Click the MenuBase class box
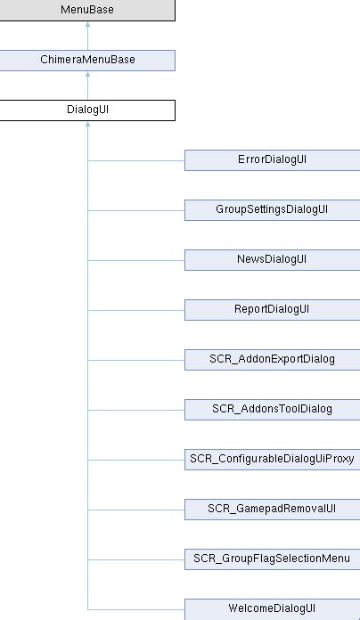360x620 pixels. pos(87,11)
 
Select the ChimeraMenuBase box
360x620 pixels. pos(87,61)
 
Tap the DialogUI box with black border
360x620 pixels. pos(87,110)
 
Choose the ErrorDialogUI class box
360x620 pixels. pos(272,160)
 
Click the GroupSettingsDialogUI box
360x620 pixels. pos(272,210)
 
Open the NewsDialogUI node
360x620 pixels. pos(272,260)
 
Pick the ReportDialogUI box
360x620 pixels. pos(272,310)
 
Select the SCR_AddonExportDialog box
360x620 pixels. pos(272,360)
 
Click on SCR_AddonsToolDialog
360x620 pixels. pos(272,410)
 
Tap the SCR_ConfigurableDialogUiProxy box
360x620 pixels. pos(272,460)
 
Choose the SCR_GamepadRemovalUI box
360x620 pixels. pos(272,510)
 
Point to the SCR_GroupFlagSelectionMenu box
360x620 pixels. pos(272,559)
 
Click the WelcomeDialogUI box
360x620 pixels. pos(272,609)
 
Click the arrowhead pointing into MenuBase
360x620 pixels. pos(87,26)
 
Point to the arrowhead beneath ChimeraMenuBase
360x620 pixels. pos(87,76)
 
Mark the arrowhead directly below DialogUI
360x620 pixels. pos(87,126)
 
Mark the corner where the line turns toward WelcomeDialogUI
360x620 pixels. pos(87,609)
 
